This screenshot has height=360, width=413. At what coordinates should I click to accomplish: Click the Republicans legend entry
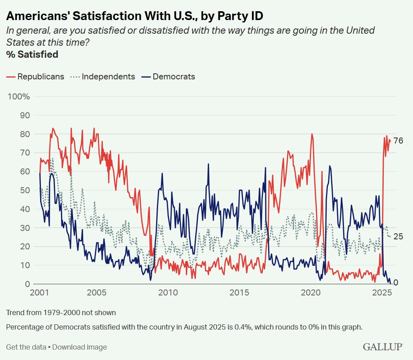click(35, 77)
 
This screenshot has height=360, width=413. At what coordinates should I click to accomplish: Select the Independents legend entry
click(103, 77)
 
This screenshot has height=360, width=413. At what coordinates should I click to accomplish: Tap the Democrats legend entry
click(169, 77)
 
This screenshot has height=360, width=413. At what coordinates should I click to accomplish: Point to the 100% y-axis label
click(19, 97)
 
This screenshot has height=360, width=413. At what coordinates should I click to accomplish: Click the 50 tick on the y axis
click(25, 190)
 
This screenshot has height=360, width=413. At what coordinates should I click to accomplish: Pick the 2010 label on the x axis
click(168, 293)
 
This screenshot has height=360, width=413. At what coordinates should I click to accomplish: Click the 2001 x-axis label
click(40, 293)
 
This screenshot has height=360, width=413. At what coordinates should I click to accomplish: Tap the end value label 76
click(398, 141)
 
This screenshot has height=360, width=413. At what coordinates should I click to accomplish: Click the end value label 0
click(395, 283)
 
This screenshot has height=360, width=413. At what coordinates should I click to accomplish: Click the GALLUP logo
click(383, 347)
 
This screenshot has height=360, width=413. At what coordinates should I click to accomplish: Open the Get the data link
click(26, 347)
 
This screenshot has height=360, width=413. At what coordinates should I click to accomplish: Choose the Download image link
click(79, 347)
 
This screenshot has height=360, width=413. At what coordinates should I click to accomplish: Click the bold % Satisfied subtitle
click(32, 54)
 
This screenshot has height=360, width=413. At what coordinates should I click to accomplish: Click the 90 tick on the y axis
click(25, 115)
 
